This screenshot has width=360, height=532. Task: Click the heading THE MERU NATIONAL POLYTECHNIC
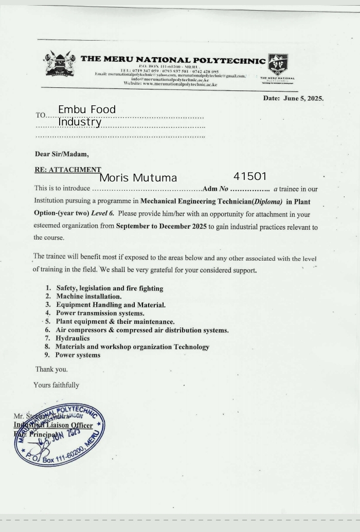pyautogui.click(x=173, y=60)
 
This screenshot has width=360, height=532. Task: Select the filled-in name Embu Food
pyautogui.click(x=87, y=109)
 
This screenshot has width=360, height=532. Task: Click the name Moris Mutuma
pyautogui.click(x=138, y=178)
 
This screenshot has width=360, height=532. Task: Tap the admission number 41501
pyautogui.click(x=250, y=176)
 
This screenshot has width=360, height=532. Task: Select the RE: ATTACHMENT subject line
pyautogui.click(x=67, y=169)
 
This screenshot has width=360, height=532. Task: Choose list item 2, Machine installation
pyautogui.click(x=88, y=297)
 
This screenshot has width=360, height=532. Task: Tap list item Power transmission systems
pyautogui.click(x=100, y=313)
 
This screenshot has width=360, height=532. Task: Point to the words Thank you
pyautogui.click(x=51, y=369)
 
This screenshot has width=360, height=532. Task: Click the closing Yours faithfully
pyautogui.click(x=56, y=384)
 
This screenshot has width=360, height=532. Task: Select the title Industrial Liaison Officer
pyautogui.click(x=53, y=425)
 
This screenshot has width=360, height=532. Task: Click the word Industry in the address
pyautogui.click(x=80, y=122)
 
